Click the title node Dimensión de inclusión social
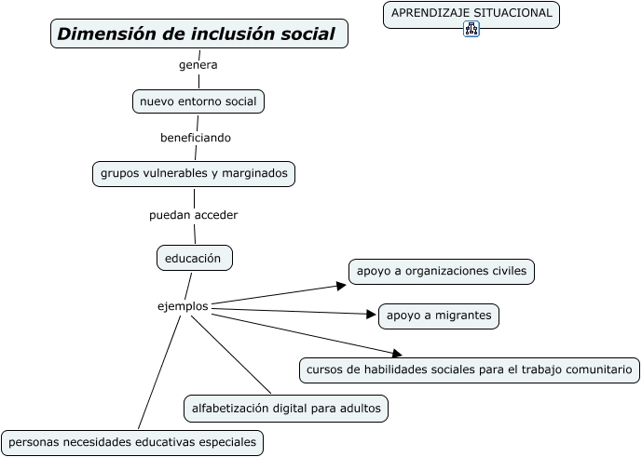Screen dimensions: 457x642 click(x=198, y=34)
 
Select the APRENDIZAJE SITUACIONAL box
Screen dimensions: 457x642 click(x=471, y=13)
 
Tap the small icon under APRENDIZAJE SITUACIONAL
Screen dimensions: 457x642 click(x=471, y=29)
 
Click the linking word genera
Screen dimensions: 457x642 click(x=198, y=65)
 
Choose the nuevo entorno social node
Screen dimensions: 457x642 click(x=198, y=101)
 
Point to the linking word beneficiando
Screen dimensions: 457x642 click(x=196, y=138)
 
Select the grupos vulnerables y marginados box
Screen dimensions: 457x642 click(x=195, y=173)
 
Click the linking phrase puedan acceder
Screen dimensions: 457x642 click(x=194, y=215)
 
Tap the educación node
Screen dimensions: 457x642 click(x=193, y=258)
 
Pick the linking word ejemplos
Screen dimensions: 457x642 click(x=183, y=305)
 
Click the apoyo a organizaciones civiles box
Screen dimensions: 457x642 click(x=442, y=271)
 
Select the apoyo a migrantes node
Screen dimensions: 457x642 click(x=438, y=316)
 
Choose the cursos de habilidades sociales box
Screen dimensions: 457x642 click(x=469, y=370)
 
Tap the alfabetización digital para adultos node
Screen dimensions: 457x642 click(x=285, y=408)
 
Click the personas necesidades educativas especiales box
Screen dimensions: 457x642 click(x=131, y=442)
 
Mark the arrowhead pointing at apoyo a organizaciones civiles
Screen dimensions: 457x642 click(x=342, y=286)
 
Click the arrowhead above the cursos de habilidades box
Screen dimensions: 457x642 click(x=397, y=354)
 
